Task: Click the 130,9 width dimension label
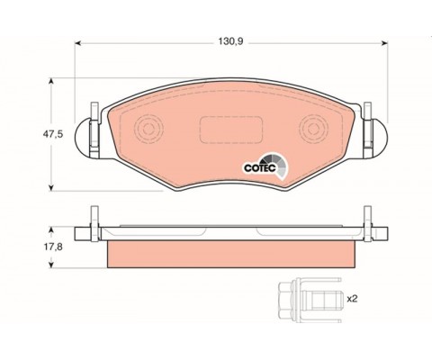230,41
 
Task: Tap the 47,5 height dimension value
53,134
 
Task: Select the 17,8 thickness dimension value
53,247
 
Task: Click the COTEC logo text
260,168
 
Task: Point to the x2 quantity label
352,299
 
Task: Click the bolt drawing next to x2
310,300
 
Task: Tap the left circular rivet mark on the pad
148,129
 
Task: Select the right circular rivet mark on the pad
314,129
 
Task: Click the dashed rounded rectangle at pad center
231,130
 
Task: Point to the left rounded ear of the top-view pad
82,138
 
